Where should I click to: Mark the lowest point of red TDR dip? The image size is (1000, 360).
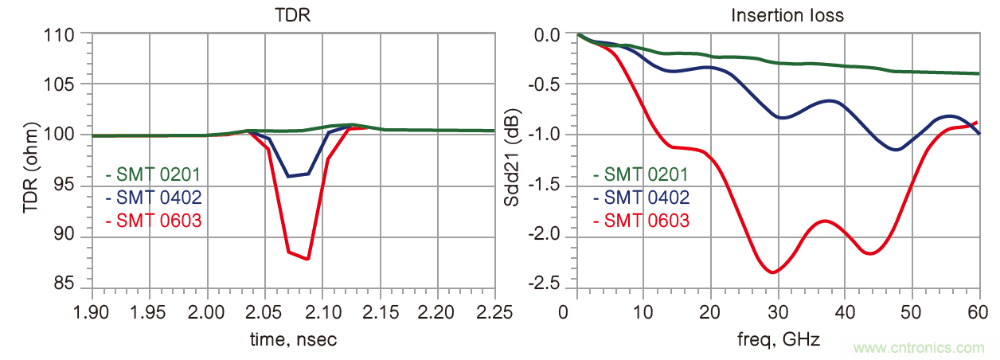[307, 259]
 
